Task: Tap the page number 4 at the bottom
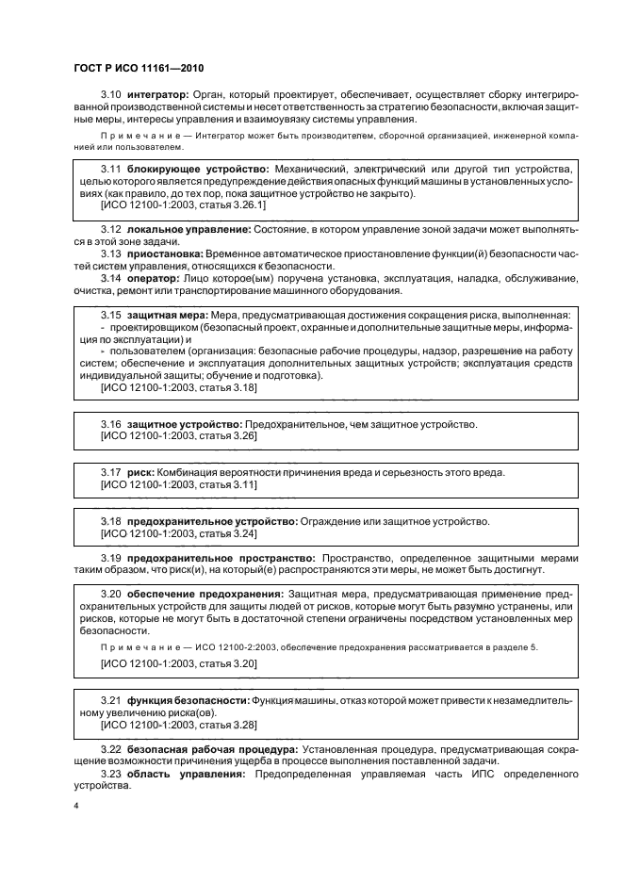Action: tap(75, 807)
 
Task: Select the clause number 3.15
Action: tap(111, 315)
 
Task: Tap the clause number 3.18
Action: tap(111, 521)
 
